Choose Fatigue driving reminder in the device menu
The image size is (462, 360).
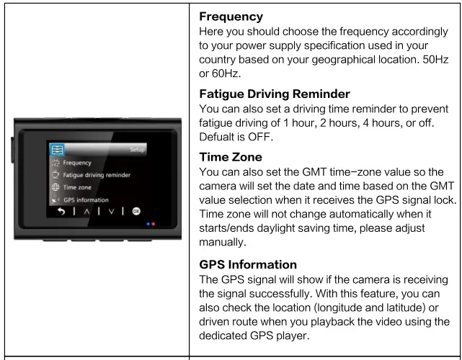click(x=97, y=175)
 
